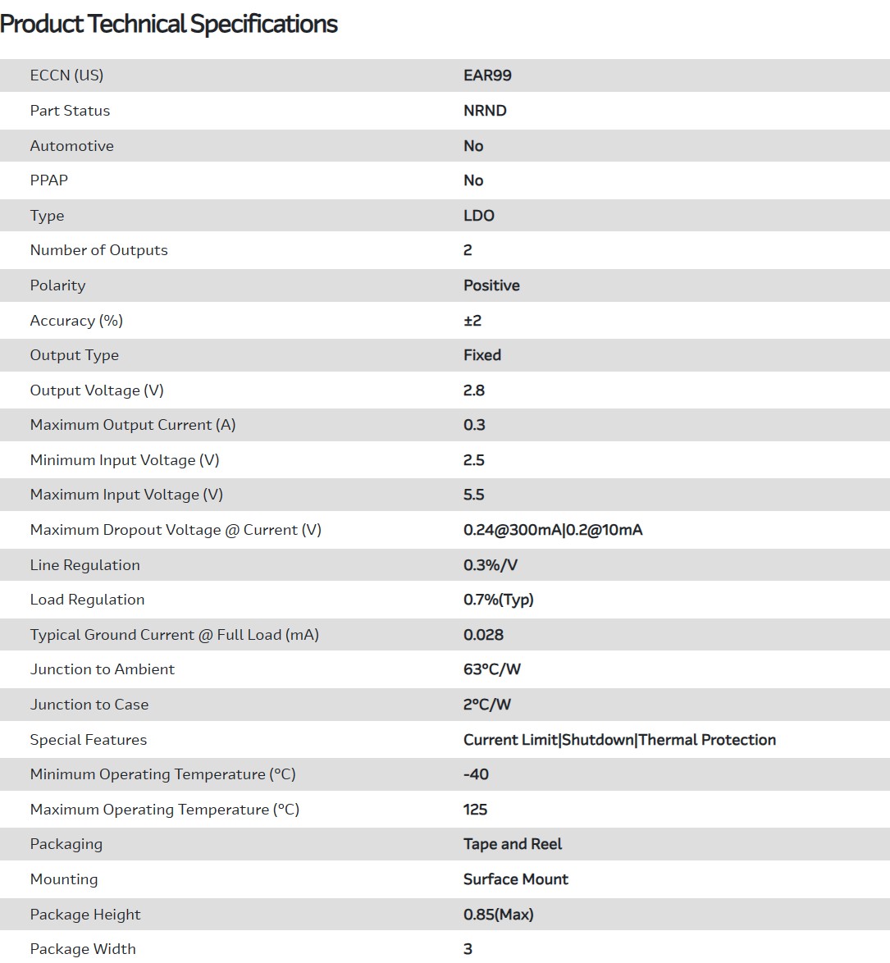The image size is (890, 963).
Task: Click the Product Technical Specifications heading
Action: pos(169,24)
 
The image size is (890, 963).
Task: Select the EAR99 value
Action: pos(487,75)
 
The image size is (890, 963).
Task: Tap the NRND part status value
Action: pos(485,111)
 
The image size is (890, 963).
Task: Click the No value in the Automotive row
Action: pos(473,146)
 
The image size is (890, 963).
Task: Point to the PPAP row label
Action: pos(49,180)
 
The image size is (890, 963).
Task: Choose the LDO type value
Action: pos(479,216)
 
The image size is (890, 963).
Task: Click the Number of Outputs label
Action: pos(98,250)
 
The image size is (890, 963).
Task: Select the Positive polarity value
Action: pos(491,285)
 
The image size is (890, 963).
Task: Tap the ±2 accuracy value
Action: pos(472,321)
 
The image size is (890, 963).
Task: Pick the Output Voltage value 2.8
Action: pos(474,390)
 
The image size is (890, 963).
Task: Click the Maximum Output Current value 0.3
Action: pos(474,425)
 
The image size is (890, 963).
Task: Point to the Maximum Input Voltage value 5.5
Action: pos(474,495)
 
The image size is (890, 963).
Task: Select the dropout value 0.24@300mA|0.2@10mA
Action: pos(553,530)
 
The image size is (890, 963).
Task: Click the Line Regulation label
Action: pos(84,565)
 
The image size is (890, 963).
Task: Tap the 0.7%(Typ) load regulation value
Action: pos(499,600)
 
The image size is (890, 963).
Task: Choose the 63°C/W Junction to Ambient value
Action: pos(492,669)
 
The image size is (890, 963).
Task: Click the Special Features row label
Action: pos(89,740)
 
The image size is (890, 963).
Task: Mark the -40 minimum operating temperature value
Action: pos(476,774)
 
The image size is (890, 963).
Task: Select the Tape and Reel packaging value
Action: pos(513,844)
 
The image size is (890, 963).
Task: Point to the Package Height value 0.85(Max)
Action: pos(499,915)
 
